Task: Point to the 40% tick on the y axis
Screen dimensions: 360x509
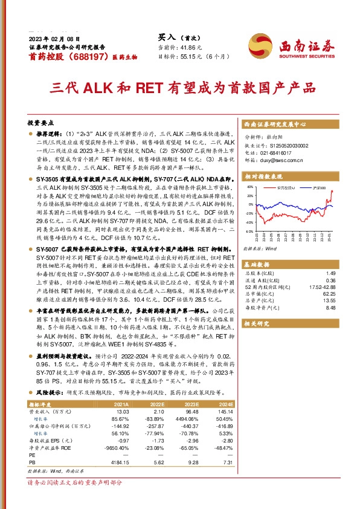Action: [249, 188]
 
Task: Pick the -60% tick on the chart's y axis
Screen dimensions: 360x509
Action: [249, 232]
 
